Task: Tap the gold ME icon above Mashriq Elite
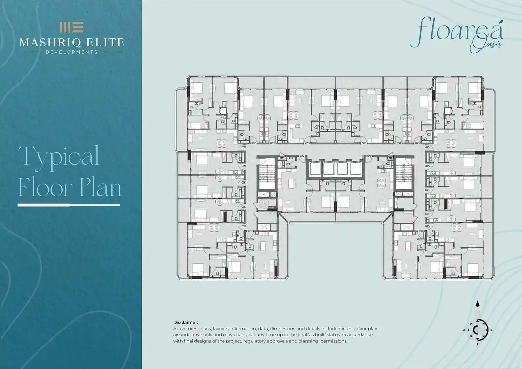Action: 71,27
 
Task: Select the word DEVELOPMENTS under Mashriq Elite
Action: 71,52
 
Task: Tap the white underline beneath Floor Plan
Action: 69,205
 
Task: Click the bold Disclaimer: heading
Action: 186,322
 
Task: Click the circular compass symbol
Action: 478,330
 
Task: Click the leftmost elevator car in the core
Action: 315,169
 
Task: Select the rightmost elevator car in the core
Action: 356,169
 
